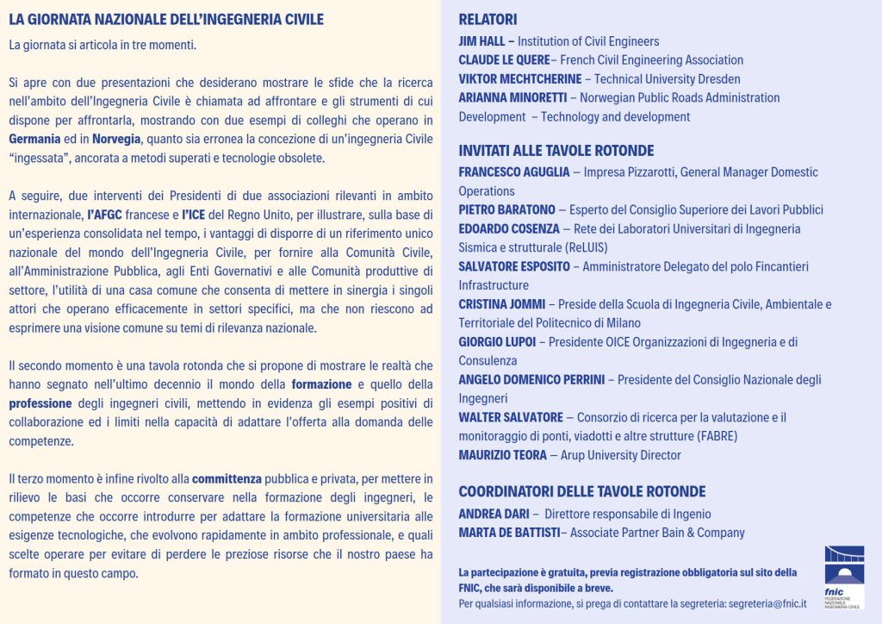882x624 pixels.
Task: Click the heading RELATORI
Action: click(x=488, y=19)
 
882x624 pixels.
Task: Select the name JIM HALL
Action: click(x=483, y=41)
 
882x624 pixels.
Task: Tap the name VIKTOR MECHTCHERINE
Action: click(x=520, y=79)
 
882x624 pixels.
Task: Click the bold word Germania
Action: click(x=34, y=139)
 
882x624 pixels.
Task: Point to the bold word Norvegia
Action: click(x=116, y=139)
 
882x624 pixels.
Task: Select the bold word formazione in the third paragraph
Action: click(x=321, y=384)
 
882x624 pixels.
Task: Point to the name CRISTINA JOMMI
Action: click(x=500, y=304)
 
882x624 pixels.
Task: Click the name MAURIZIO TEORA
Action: click(x=500, y=455)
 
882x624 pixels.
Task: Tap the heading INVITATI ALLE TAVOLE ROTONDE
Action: click(x=556, y=151)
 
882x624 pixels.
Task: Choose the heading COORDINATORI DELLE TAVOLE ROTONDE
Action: click(x=581, y=492)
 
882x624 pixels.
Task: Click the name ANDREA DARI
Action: click(x=492, y=515)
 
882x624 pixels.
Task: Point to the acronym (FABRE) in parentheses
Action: click(x=711, y=436)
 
